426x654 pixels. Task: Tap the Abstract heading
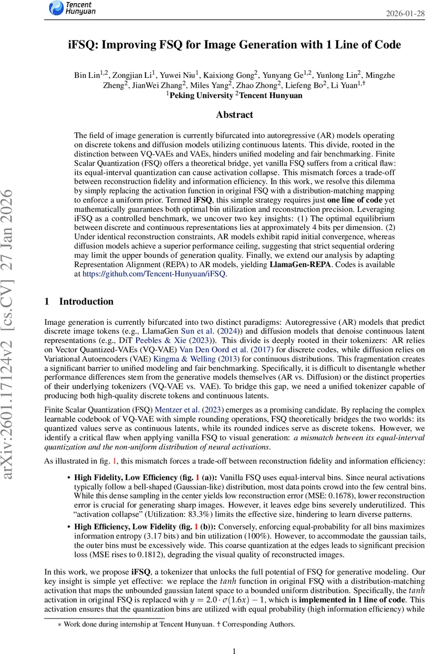234,114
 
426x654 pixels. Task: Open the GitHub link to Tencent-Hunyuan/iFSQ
154,274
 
